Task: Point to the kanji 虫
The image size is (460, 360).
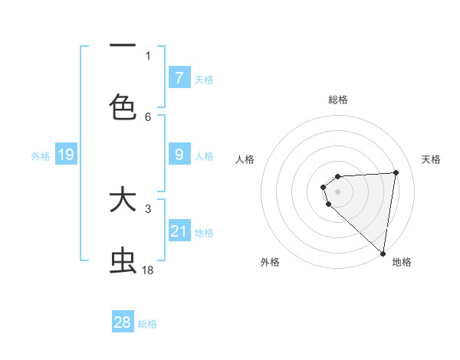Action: pos(123,261)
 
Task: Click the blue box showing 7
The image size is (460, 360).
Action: pos(179,78)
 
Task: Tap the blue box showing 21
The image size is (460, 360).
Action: pos(179,231)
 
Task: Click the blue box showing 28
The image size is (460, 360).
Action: pos(123,322)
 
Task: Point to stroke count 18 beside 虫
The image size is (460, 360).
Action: pos(148,270)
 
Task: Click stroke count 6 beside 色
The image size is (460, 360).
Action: pos(148,116)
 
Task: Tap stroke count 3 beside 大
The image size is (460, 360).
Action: pos(148,208)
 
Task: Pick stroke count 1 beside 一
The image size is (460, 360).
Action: pos(148,55)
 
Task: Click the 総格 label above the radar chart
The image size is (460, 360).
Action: pos(338,100)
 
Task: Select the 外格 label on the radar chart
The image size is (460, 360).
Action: pos(270,262)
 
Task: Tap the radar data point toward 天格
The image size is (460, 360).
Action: pos(396,172)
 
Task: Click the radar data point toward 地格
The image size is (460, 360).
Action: pos(383,253)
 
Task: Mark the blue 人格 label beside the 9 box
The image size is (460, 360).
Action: pos(204,156)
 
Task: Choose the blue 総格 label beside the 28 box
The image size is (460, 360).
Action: pos(147,324)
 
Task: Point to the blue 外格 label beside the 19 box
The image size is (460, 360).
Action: pos(41,156)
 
